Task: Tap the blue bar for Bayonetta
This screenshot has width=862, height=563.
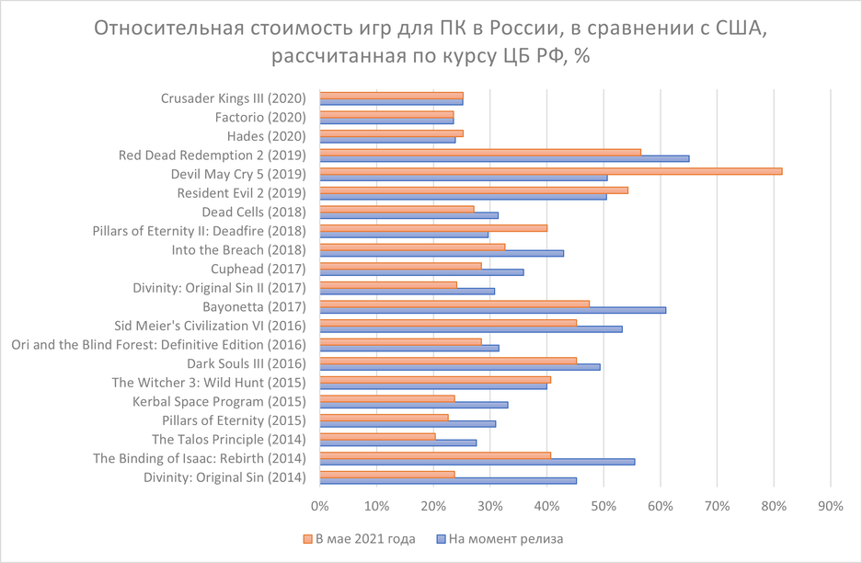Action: (492, 310)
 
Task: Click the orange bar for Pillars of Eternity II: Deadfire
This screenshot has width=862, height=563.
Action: (433, 228)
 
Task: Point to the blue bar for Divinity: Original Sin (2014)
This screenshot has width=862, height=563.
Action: (448, 480)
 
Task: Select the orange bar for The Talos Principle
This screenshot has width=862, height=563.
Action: (377, 436)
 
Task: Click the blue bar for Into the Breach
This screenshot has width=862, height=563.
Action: (442, 253)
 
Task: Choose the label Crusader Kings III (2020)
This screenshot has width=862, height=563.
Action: (233, 98)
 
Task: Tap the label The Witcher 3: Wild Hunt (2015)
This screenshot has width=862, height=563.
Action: (209, 382)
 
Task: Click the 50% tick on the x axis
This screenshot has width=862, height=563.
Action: (603, 506)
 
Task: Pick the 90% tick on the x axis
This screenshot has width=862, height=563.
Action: (831, 506)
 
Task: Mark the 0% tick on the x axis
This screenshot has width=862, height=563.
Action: (320, 506)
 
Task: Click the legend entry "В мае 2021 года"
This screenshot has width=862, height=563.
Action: (360, 539)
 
